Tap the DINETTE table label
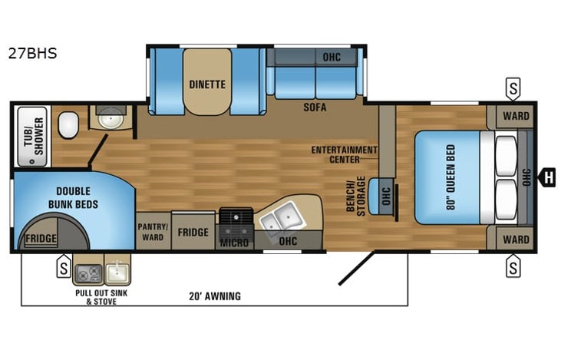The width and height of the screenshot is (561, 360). click(x=207, y=84)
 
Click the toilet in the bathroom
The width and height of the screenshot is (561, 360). click(x=69, y=123)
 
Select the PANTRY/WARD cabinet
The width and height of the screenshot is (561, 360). click(x=152, y=232)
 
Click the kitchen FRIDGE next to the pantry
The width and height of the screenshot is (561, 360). click(x=193, y=232)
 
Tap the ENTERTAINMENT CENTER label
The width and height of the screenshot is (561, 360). click(x=345, y=154)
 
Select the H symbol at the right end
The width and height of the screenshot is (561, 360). click(x=548, y=178)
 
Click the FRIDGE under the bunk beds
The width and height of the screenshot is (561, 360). click(x=41, y=239)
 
